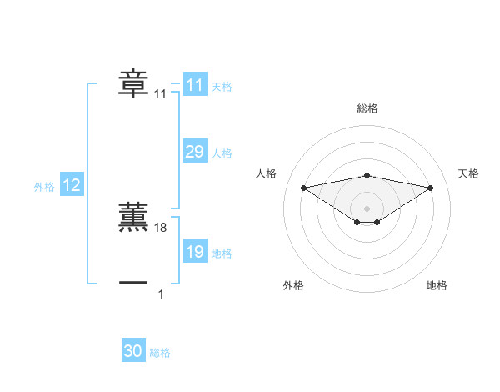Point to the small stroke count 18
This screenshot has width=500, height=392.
pyautogui.click(x=162, y=228)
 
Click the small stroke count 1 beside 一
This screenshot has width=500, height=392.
pyautogui.click(x=161, y=294)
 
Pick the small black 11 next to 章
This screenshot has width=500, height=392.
pyautogui.click(x=161, y=95)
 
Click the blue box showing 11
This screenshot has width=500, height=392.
pyautogui.click(x=195, y=85)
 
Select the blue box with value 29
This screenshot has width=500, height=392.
pyautogui.click(x=195, y=152)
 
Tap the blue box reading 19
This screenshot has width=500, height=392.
pyautogui.click(x=195, y=252)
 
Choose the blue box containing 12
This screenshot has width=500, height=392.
pyautogui.click(x=72, y=186)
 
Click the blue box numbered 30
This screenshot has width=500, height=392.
pyautogui.click(x=133, y=351)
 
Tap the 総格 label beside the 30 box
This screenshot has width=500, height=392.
pyautogui.click(x=160, y=353)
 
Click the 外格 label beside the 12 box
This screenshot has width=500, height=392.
pyautogui.click(x=44, y=187)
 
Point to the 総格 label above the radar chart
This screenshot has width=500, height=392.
pyautogui.click(x=367, y=108)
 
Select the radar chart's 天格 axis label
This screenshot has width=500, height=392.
pyautogui.click(x=468, y=173)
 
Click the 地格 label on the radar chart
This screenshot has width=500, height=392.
pyautogui.click(x=437, y=285)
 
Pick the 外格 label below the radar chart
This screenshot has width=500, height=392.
pyautogui.click(x=293, y=285)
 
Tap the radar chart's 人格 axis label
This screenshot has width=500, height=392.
pyautogui.click(x=267, y=173)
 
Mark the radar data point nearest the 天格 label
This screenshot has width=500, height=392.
pyautogui.click(x=431, y=188)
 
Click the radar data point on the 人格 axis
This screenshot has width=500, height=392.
pyautogui.click(x=303, y=187)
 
